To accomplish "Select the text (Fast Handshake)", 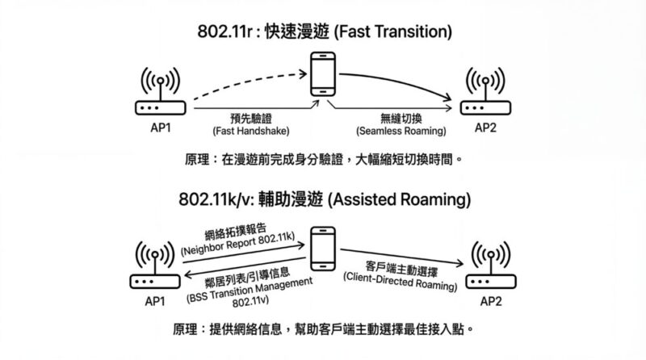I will point(245,131).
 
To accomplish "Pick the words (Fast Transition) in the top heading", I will point(386,32).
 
